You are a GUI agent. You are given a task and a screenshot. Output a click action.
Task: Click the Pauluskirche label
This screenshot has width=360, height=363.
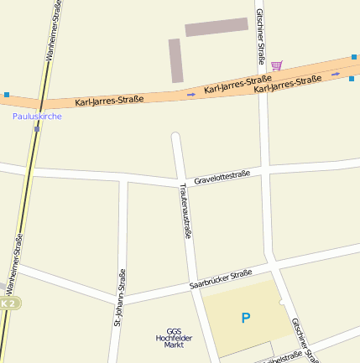[x=37, y=117]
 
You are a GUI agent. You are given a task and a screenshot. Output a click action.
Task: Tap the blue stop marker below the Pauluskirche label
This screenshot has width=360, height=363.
[x=37, y=129]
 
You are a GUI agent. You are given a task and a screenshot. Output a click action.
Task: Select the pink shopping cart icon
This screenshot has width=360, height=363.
[x=276, y=65]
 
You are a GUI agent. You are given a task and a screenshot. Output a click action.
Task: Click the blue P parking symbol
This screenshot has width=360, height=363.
[x=245, y=318]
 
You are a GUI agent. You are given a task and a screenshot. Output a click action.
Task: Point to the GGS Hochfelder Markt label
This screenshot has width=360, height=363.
[x=174, y=338]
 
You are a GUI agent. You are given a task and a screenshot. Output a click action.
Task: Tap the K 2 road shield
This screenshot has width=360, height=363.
[x=8, y=303]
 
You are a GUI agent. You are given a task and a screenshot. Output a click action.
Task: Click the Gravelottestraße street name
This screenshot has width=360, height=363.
[x=222, y=177]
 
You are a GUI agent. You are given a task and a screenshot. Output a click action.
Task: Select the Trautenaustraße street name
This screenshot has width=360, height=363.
[x=185, y=210]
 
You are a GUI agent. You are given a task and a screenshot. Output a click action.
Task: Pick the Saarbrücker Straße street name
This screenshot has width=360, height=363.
[x=221, y=280]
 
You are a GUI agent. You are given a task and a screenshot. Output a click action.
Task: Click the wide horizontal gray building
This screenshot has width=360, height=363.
[x=217, y=27]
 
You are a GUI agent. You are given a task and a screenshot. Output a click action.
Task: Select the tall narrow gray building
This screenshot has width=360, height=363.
[x=175, y=60]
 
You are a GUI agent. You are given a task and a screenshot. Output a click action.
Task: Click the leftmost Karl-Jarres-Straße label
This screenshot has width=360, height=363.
[x=109, y=101]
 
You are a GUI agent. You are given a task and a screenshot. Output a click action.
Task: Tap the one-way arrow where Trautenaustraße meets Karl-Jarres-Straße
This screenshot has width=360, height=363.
[x=191, y=94]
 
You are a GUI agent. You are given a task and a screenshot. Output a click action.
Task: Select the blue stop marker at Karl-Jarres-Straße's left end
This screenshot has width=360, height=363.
[x=7, y=95]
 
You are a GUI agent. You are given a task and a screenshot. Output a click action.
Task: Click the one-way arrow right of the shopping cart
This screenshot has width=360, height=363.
[x=336, y=74]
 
